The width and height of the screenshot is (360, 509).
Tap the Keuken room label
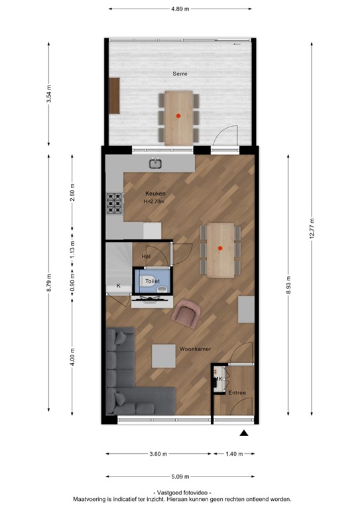155,194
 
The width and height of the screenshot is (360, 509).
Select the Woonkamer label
194,347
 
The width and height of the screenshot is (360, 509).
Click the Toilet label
154,281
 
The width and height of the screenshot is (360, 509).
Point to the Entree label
237,393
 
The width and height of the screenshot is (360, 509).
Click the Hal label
147,255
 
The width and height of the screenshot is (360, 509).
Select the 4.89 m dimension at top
180,9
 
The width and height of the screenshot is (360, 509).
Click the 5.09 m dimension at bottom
180,477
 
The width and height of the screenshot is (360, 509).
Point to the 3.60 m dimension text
158,454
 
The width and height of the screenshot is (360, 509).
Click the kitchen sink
156,163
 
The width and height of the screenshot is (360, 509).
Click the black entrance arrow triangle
244,433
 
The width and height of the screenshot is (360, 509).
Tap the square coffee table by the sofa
164,356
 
